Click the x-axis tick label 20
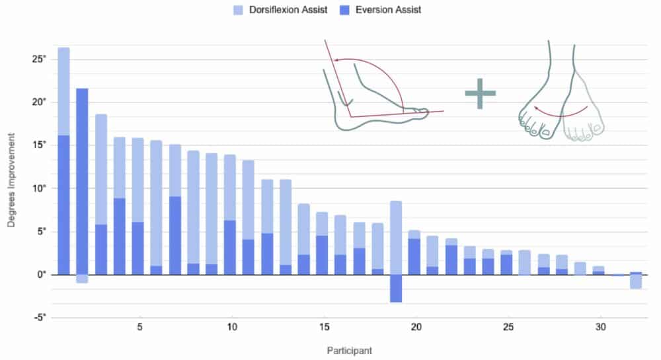tap(416, 327)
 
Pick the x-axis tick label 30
tap(600, 327)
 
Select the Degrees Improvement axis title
tap(11, 178)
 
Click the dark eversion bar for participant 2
tap(82, 181)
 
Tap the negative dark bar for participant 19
tap(396, 288)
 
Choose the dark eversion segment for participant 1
tap(63, 205)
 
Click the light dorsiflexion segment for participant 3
tap(100, 169)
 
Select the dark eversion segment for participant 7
tap(175, 235)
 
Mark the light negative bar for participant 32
tap(636, 281)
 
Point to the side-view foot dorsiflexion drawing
tap(377, 92)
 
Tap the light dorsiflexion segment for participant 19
tap(396, 238)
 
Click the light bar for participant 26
tap(525, 262)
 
